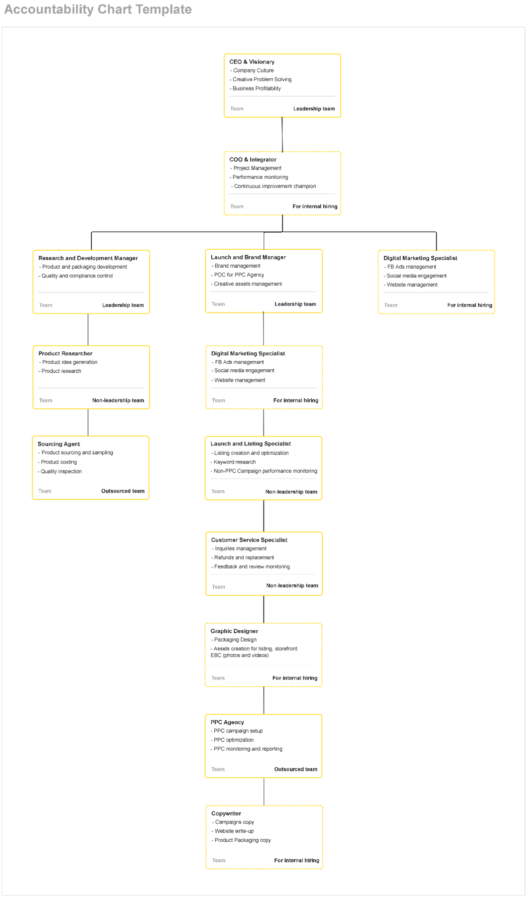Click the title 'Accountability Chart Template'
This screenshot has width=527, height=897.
pyautogui.click(x=98, y=10)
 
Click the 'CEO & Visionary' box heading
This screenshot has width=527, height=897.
pyautogui.click(x=252, y=62)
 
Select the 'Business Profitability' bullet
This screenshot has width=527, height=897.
pyautogui.click(x=255, y=88)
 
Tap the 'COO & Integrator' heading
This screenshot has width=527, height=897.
pyautogui.click(x=253, y=160)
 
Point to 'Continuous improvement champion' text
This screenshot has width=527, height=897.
pyautogui.click(x=274, y=186)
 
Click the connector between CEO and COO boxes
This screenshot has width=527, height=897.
pyautogui.click(x=282, y=135)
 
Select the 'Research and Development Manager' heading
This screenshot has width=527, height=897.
pyautogui.click(x=88, y=258)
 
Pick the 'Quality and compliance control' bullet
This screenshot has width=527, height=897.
pyautogui.click(x=76, y=276)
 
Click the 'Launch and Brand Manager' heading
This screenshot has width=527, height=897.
pyautogui.click(x=248, y=257)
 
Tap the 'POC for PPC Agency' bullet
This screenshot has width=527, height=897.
pyautogui.click(x=238, y=275)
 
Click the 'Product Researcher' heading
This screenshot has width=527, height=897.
pyautogui.click(x=65, y=354)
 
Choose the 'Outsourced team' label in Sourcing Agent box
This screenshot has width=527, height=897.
pyautogui.click(x=123, y=491)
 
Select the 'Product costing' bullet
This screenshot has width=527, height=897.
pyautogui.click(x=57, y=462)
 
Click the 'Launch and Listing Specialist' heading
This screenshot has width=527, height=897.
pyautogui.click(x=250, y=444)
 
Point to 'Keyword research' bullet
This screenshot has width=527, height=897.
pyautogui.click(x=233, y=462)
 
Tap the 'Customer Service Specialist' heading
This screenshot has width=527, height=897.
pyautogui.click(x=249, y=540)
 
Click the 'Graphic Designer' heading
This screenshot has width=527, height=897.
pyautogui.click(x=234, y=631)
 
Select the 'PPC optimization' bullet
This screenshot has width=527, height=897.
pyautogui.click(x=232, y=740)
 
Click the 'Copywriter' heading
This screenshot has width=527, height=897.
pyautogui.click(x=226, y=813)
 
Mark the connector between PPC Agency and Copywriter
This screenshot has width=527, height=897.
pyautogui.click(x=264, y=791)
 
